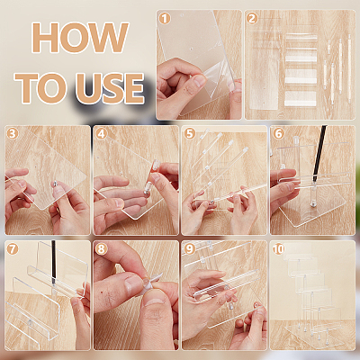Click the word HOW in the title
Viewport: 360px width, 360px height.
[80, 38]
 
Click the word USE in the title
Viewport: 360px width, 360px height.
[110, 88]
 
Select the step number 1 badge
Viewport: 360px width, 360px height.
[165, 19]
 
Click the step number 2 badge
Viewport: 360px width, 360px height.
[252, 19]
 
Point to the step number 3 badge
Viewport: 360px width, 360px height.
[13, 133]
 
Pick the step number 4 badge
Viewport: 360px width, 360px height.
[101, 133]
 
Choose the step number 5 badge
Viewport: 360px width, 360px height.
[189, 133]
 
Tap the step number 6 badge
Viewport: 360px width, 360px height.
[278, 133]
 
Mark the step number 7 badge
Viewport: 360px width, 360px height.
[13, 248]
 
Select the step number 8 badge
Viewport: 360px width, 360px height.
[101, 248]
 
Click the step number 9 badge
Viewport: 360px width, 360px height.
[189, 248]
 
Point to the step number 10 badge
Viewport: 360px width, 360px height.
[278, 248]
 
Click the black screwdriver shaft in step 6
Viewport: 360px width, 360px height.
[319, 153]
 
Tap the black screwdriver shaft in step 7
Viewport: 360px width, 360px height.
[53, 262]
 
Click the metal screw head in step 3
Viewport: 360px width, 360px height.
[55, 183]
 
